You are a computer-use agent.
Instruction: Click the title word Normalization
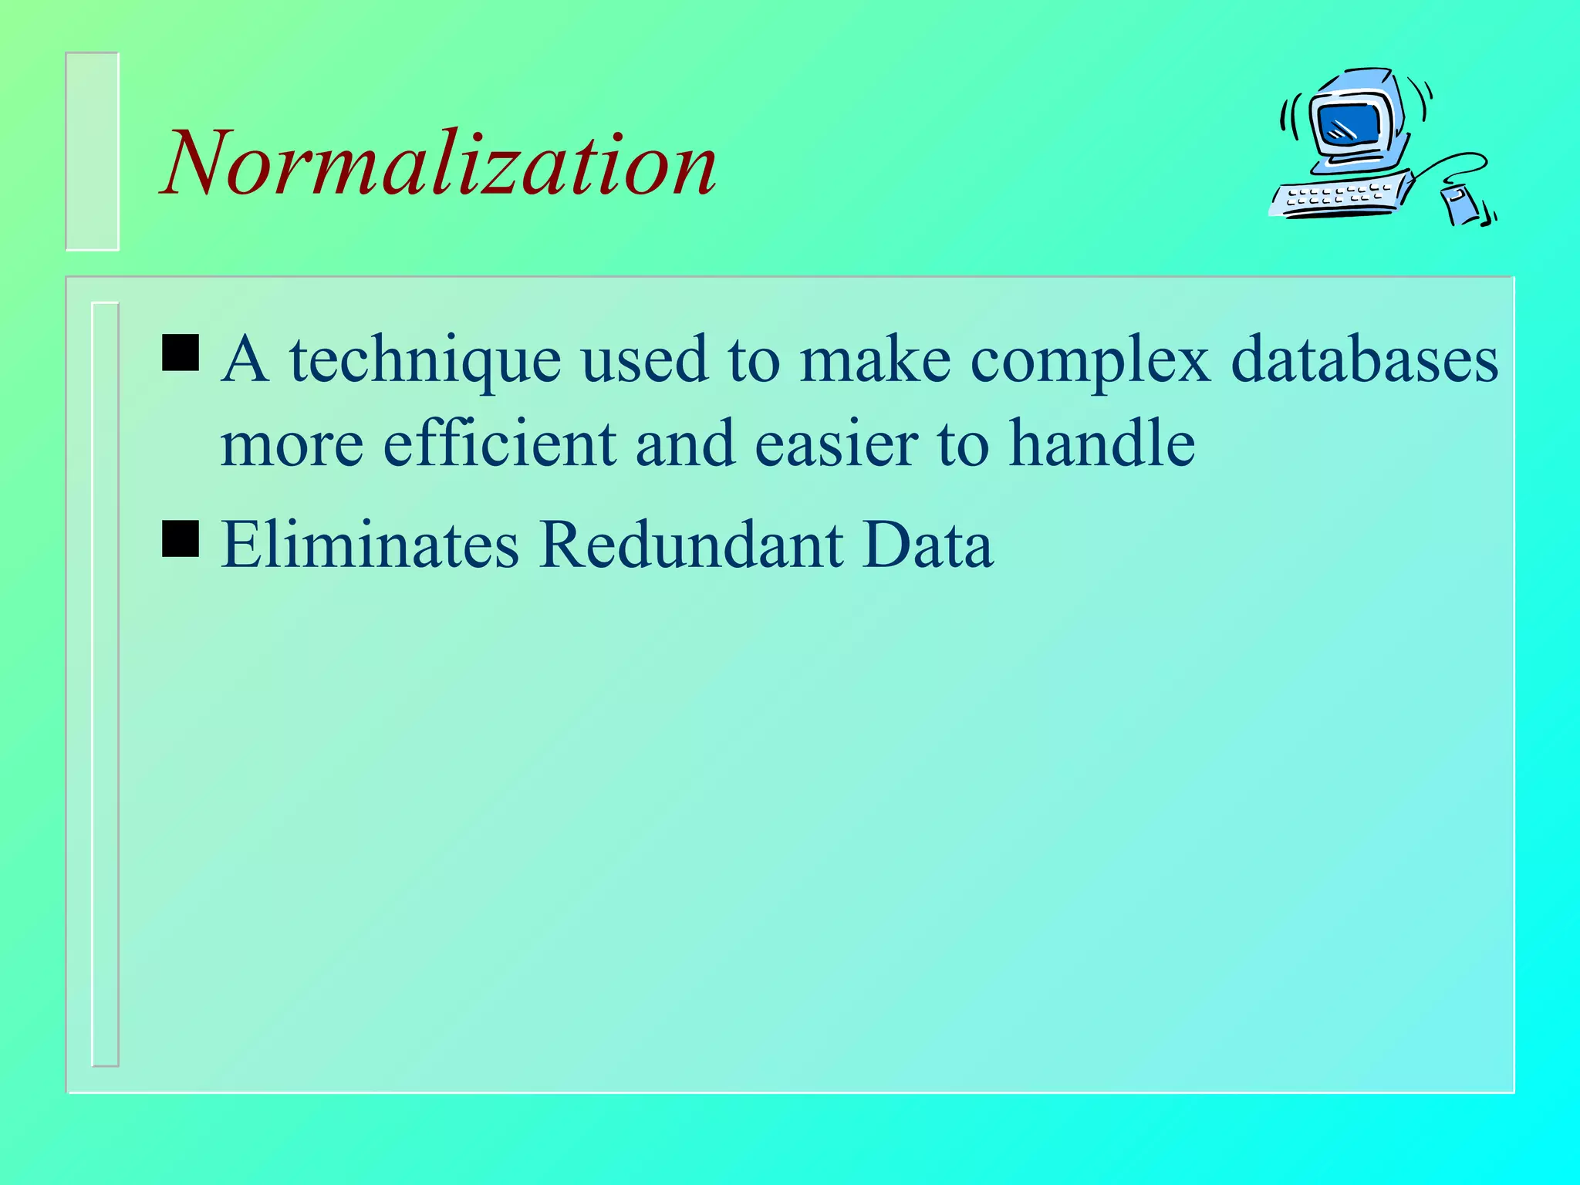pyautogui.click(x=440, y=164)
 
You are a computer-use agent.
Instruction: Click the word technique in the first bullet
pyautogui.click(x=425, y=360)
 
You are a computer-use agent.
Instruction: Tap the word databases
pyautogui.click(x=1364, y=360)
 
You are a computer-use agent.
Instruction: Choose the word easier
pyautogui.click(x=836, y=445)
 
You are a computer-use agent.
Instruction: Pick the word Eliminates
pyautogui.click(x=370, y=545)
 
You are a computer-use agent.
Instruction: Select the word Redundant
pyautogui.click(x=691, y=545)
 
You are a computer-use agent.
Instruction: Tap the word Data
pyautogui.click(x=928, y=545)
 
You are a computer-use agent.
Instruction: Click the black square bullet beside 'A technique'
pyautogui.click(x=181, y=353)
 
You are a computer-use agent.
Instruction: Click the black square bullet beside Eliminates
pyautogui.click(x=181, y=538)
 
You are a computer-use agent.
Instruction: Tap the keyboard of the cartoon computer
pyautogui.click(x=1339, y=197)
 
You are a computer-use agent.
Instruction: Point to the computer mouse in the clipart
pyautogui.click(x=1460, y=204)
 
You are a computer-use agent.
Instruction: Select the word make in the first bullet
pyautogui.click(x=875, y=360)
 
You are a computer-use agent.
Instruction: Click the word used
pyautogui.click(x=643, y=360)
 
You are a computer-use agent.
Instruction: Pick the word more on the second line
pyautogui.click(x=292, y=445)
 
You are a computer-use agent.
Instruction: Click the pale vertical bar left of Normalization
pyautogui.click(x=93, y=151)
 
